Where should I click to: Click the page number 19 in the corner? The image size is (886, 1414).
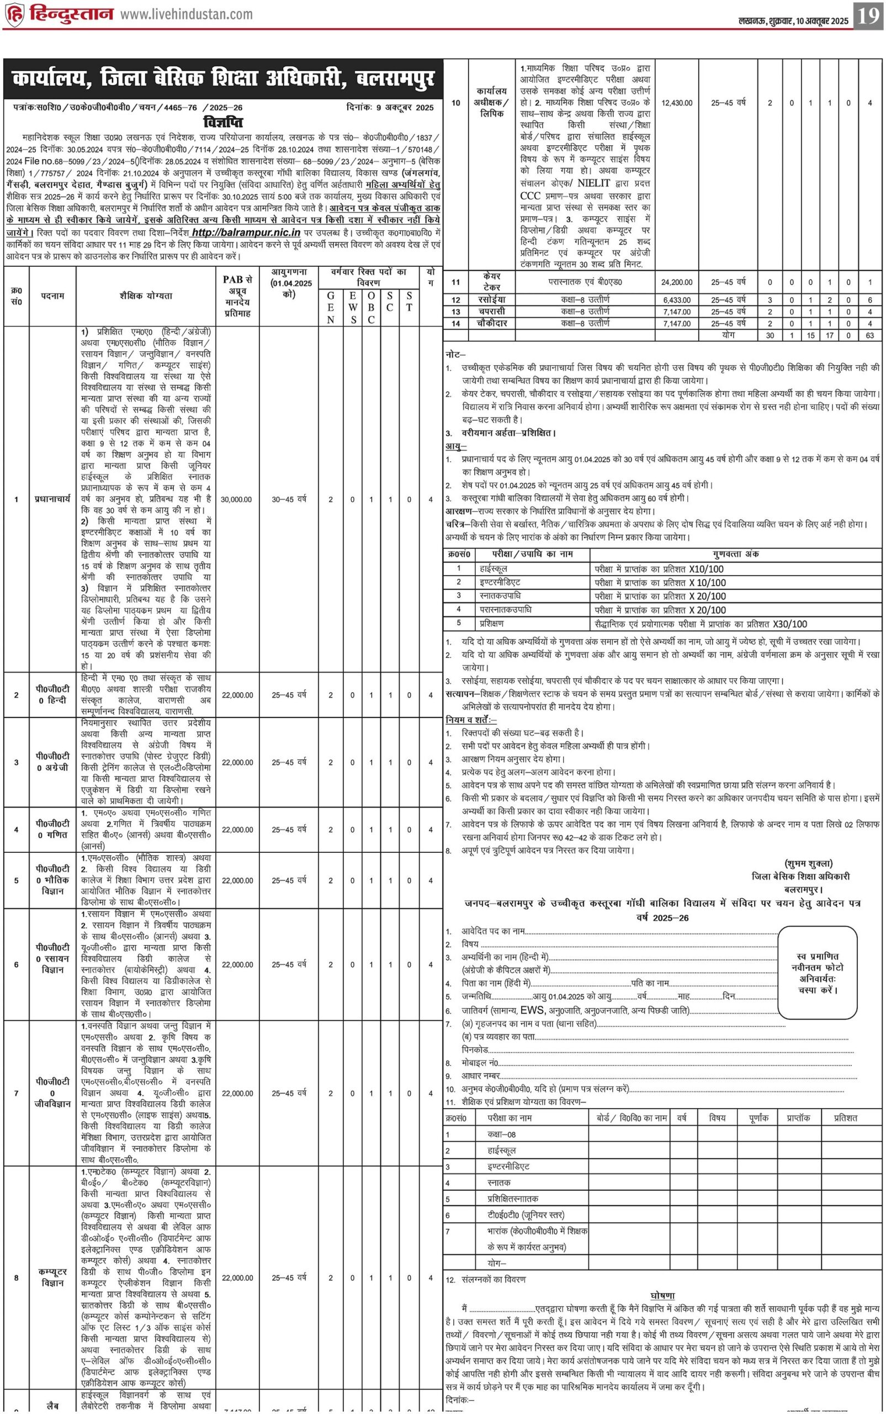[x=868, y=15]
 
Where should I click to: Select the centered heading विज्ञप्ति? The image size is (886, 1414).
[x=222, y=123]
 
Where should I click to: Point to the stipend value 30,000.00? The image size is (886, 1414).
[x=236, y=499]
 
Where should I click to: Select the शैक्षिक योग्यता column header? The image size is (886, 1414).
[x=146, y=296]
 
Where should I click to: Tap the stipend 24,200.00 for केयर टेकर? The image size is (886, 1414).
[x=677, y=282]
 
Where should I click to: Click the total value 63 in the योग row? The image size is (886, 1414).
[x=869, y=335]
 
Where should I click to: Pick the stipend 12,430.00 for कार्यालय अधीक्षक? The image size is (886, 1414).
[x=677, y=103]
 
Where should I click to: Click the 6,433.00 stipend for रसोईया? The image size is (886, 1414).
[x=677, y=300]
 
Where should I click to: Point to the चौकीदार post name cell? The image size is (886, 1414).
[x=492, y=323]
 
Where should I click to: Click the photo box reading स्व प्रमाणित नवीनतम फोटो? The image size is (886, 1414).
[x=818, y=973]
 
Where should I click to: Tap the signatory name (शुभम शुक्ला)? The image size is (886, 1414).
[x=808, y=863]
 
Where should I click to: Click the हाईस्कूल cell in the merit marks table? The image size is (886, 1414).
[x=494, y=569]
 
